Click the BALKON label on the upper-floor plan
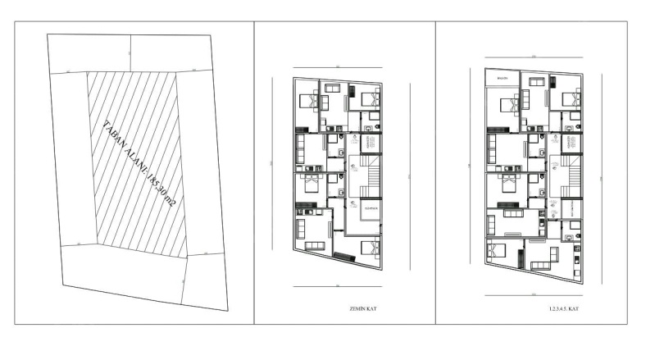pos(500,79)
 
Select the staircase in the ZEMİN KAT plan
pos(370,174)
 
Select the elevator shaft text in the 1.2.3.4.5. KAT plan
pos(566,144)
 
